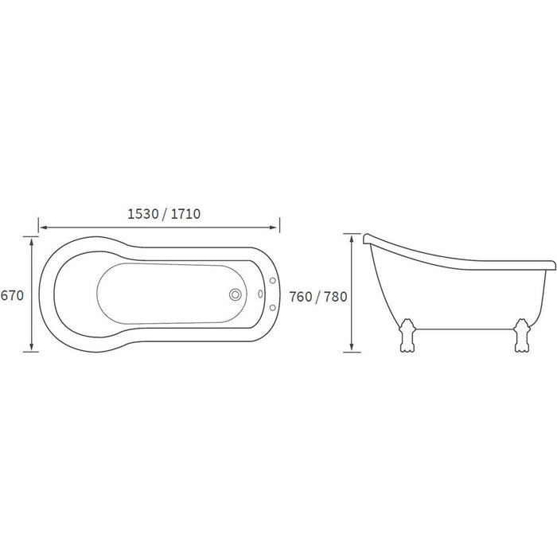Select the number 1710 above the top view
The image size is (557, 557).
point(183,213)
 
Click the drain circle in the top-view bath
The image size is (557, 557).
point(236,294)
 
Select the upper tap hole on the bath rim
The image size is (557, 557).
point(273,280)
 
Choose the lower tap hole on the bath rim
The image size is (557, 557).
point(273,308)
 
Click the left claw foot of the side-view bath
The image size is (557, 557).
point(408,337)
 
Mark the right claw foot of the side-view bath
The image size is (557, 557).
point(524,337)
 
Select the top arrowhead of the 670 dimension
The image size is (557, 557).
point(31,239)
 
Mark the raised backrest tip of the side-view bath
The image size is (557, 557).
point(365,237)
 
